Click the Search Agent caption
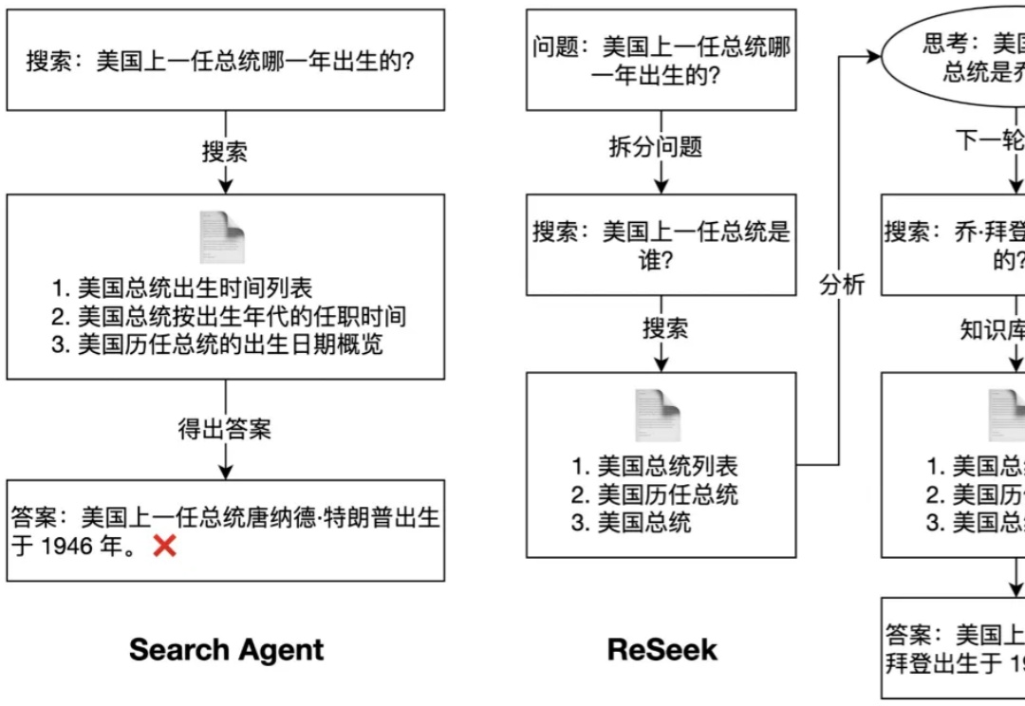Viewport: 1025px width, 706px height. pyautogui.click(x=226, y=650)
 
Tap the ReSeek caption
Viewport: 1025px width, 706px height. pyautogui.click(x=662, y=650)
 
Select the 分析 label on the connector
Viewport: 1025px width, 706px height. pyautogui.click(x=842, y=285)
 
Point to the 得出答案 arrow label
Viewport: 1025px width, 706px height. pyautogui.click(x=225, y=429)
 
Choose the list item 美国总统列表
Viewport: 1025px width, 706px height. pyautogui.click(x=667, y=466)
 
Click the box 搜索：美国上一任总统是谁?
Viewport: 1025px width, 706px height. pyautogui.click(x=662, y=245)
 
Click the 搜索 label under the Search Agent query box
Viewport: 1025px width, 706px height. pyautogui.click(x=225, y=152)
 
